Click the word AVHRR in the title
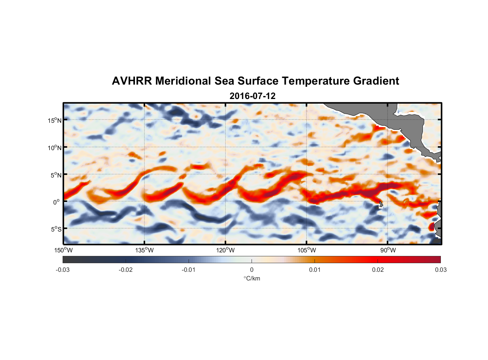tap(132, 81)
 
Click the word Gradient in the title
tap(376, 81)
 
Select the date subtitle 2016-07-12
tap(252, 96)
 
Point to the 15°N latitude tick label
tap(55, 120)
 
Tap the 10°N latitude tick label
tap(55, 148)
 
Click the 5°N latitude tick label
tap(56, 175)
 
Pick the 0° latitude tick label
tap(57, 202)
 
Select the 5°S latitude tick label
tap(56, 229)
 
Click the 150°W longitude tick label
tap(64, 250)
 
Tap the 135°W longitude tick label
tap(145, 250)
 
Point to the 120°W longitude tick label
tap(226, 250)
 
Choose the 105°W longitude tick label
tap(307, 250)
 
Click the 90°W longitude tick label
tap(388, 250)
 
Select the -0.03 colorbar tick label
tap(63, 270)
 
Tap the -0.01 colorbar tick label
tap(189, 270)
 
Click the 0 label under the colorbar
tap(252, 270)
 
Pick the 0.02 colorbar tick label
tap(378, 270)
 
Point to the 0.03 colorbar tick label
tap(440, 270)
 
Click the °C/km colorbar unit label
tap(252, 278)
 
